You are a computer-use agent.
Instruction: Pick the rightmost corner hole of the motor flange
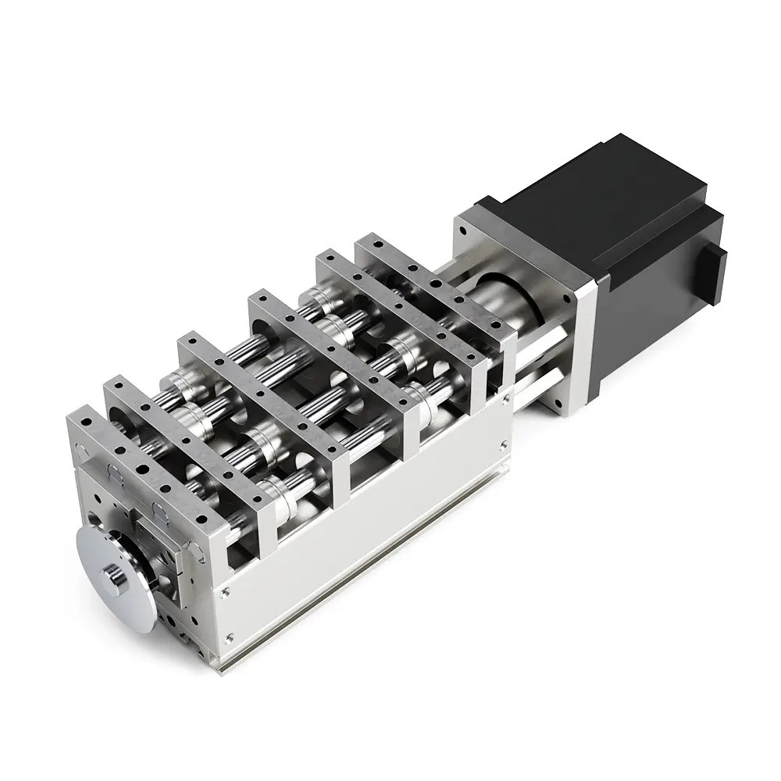[x=581, y=299]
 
